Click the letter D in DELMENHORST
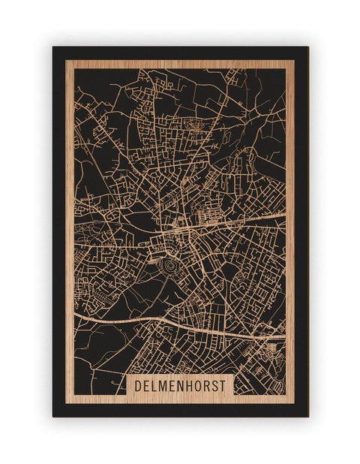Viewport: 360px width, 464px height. coord(138,384)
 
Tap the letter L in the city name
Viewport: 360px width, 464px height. coord(155,384)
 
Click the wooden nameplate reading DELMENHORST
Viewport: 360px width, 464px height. coord(181,384)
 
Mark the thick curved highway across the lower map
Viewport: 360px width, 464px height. coord(150,321)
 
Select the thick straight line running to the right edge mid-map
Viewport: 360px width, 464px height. coord(247,220)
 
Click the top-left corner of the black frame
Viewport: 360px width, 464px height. coord(54,48)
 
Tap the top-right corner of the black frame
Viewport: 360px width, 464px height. coord(307,48)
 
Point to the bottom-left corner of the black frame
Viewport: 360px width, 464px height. coord(54,415)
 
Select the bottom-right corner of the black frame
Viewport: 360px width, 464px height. coord(307,415)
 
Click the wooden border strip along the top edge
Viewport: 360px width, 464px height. coord(180,65)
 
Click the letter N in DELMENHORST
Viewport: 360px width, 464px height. coord(181,384)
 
